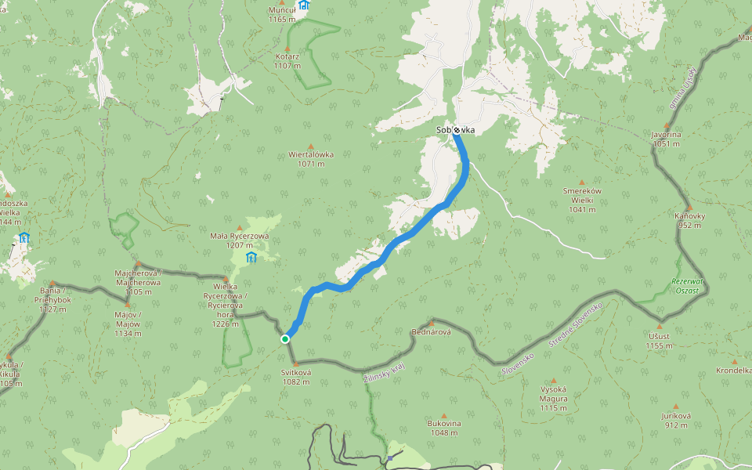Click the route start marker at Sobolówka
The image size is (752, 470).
coord(456,130)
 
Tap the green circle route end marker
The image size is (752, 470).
coord(285,338)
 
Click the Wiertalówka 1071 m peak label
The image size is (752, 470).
coord(311,159)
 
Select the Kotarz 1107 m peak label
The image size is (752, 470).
coord(287,61)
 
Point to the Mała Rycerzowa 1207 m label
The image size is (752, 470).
coord(240,240)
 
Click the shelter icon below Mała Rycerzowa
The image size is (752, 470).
coord(251,258)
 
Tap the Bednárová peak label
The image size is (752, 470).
coord(431,332)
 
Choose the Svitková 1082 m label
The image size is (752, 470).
coord(297,377)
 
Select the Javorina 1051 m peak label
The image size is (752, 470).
coord(666,139)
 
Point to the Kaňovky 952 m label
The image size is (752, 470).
coord(690,220)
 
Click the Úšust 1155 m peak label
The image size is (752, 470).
coord(660,341)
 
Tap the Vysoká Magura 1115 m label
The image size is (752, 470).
coord(553,398)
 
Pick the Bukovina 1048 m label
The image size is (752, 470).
coord(444,428)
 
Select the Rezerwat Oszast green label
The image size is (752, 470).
coord(689,286)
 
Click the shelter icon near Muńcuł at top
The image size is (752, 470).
coord(304,5)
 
